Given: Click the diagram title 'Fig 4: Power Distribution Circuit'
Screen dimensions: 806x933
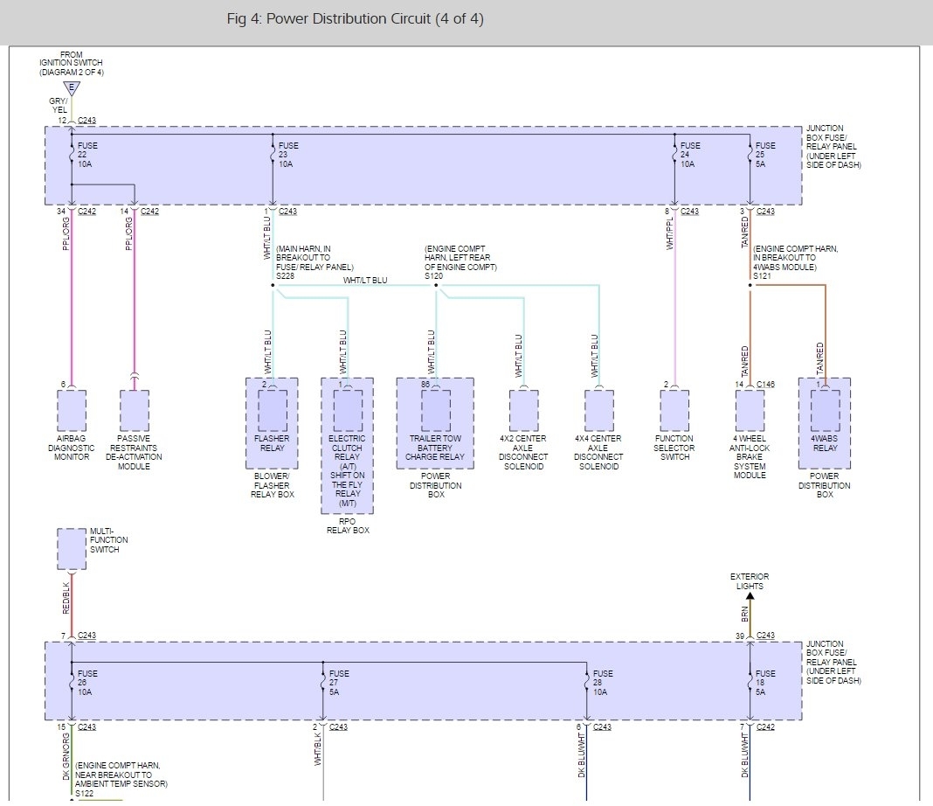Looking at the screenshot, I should point(354,19).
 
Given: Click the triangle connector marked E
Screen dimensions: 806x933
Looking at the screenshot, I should point(72,87).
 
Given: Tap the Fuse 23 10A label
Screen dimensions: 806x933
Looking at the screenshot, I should point(288,154).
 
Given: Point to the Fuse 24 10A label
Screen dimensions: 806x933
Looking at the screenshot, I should point(690,154).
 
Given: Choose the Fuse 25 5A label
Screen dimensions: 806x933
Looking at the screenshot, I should point(765,154).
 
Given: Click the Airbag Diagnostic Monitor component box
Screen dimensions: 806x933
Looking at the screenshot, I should point(72,410).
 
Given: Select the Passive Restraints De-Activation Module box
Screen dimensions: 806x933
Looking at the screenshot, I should point(135,410).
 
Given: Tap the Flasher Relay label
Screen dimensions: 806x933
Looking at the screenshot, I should point(272,443).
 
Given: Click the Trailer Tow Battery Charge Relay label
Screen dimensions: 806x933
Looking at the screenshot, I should point(435,448).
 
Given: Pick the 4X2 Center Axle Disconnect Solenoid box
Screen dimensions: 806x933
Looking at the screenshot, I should point(523,410).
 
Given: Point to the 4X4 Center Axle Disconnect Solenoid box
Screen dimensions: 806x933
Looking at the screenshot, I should point(598,410).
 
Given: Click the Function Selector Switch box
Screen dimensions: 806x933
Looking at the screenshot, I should point(674,410).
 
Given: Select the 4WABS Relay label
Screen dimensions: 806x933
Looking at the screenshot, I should point(825,443).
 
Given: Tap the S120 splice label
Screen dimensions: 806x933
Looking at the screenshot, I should point(434,276).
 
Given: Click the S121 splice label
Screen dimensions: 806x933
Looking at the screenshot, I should point(761,276).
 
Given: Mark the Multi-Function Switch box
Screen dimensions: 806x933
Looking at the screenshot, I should point(72,548).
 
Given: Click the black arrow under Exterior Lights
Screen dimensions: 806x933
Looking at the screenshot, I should point(750,597).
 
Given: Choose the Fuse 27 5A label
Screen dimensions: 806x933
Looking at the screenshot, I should point(339,683).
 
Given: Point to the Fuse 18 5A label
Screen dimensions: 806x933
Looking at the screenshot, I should point(765,683).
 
